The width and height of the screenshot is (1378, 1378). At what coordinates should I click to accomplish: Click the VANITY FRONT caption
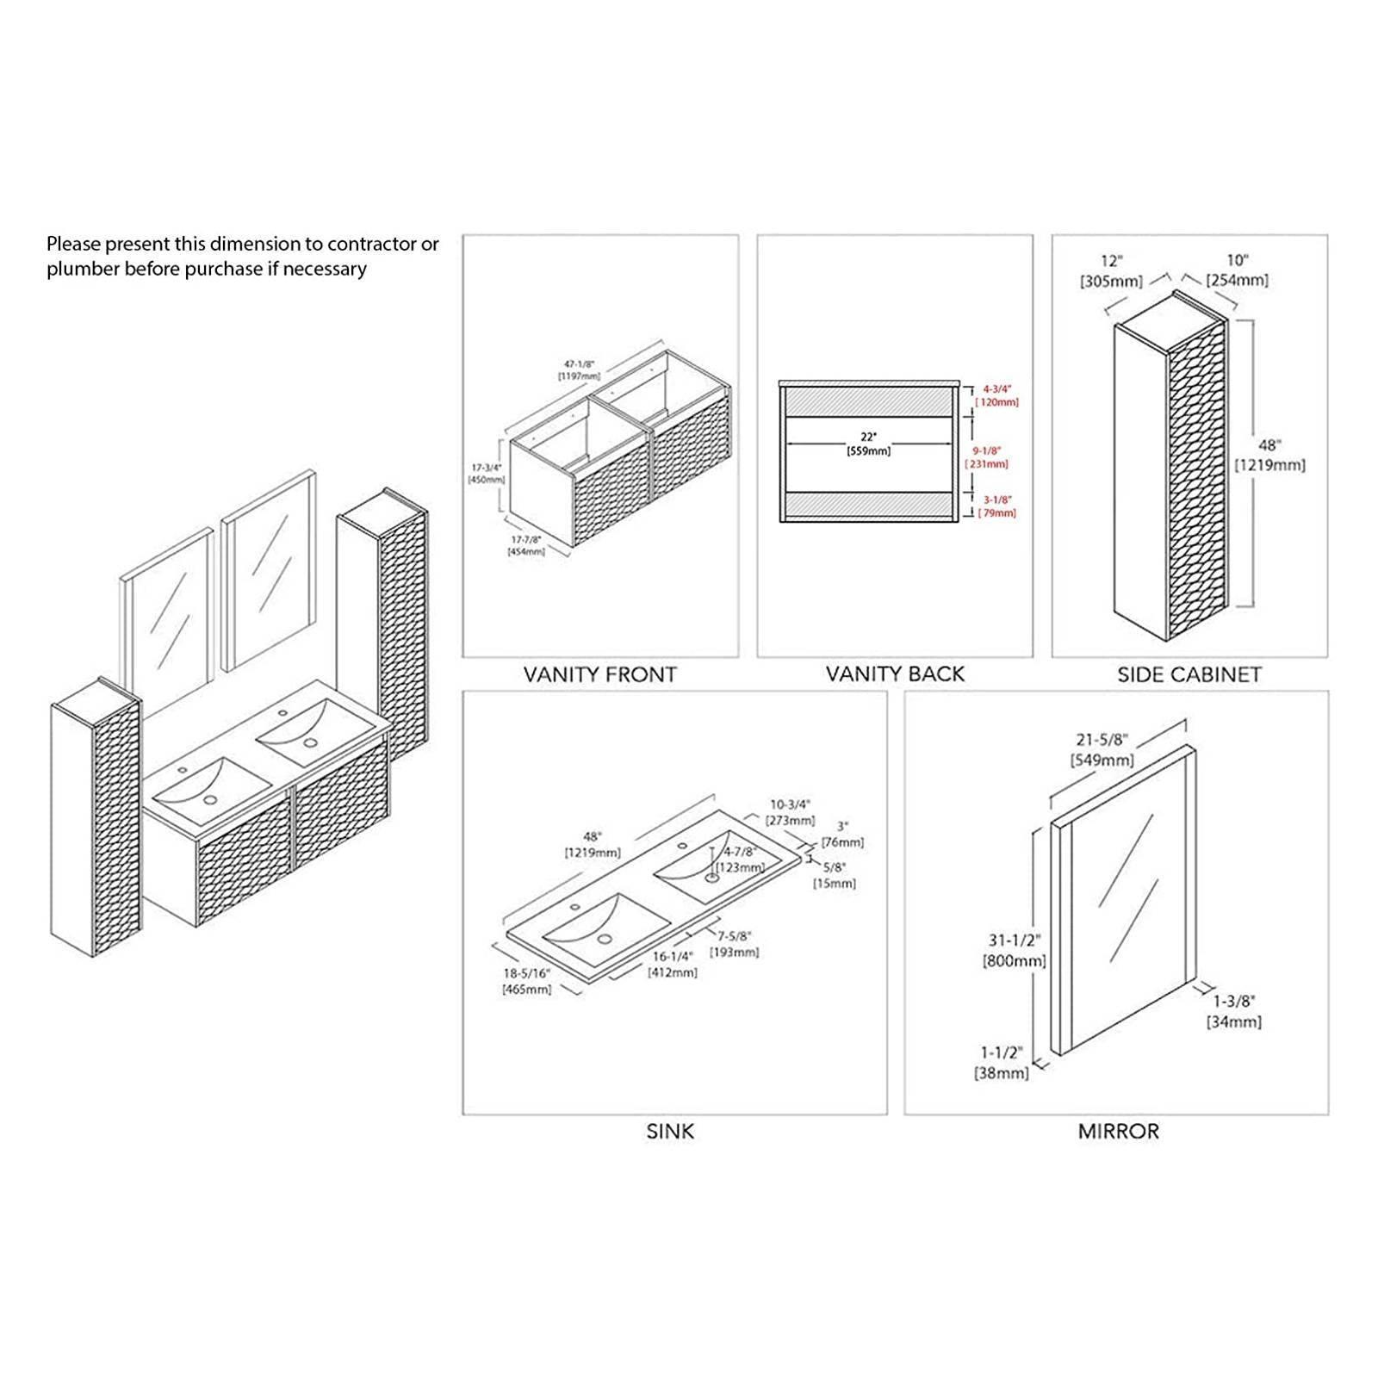click(599, 674)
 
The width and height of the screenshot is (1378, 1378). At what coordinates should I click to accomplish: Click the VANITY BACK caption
click(895, 674)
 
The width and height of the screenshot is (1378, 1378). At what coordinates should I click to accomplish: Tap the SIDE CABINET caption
click(1189, 674)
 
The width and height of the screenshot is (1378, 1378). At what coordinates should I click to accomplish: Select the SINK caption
click(670, 1131)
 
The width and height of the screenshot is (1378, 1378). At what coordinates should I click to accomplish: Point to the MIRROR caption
click(1118, 1131)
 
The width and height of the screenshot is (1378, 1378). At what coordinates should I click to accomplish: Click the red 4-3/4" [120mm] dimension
click(997, 395)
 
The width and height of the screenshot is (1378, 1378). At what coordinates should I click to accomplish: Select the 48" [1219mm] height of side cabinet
click(1269, 455)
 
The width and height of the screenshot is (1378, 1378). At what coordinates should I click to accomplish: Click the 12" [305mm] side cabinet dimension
click(1111, 270)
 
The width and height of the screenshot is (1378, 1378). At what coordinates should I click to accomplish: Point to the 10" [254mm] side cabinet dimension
click(1237, 270)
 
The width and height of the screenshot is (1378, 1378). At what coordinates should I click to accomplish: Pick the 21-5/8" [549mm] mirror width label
click(1102, 749)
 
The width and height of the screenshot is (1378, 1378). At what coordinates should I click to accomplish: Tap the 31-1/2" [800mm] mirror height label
click(1015, 950)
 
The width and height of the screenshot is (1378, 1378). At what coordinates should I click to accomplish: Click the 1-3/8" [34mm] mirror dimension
click(1233, 1011)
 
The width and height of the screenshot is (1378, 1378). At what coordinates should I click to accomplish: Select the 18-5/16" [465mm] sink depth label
click(526, 981)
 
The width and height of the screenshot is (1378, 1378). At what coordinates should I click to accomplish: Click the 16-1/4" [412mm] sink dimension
click(673, 964)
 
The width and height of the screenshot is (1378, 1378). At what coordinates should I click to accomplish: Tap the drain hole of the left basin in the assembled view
click(209, 800)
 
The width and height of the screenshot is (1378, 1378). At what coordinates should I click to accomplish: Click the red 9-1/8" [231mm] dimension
click(990, 456)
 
